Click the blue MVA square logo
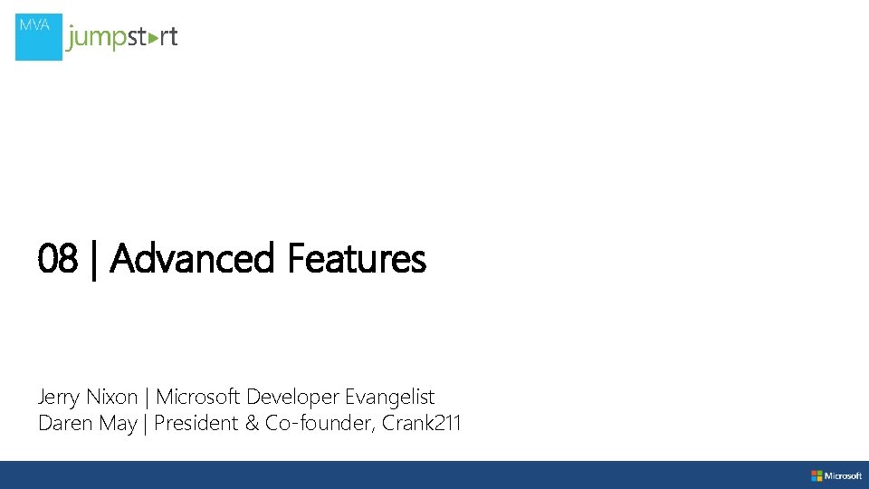click(39, 37)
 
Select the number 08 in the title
click(58, 260)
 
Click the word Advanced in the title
click(191, 260)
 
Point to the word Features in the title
click(356, 260)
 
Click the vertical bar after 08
click(93, 260)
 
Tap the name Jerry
click(58, 397)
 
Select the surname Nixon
click(111, 397)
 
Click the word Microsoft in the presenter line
click(198, 397)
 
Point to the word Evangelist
click(389, 397)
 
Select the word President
click(196, 423)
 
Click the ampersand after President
click(251, 423)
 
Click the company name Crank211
click(422, 423)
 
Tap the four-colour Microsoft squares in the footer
click(816, 475)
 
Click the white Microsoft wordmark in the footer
click(843, 475)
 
